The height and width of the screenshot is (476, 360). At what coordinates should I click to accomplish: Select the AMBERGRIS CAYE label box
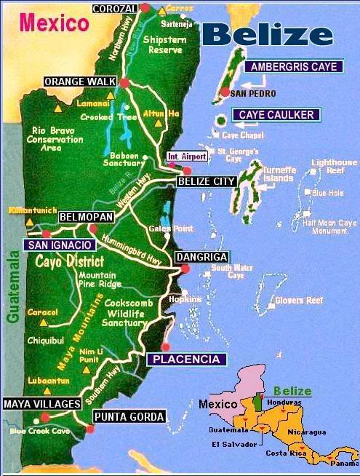pyautogui.click(x=295, y=67)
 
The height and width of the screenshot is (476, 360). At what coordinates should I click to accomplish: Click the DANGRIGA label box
pyautogui.click(x=201, y=257)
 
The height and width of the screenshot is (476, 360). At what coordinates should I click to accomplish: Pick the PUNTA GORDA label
pyautogui.click(x=129, y=416)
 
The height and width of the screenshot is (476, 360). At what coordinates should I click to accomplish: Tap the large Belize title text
pyautogui.click(x=267, y=33)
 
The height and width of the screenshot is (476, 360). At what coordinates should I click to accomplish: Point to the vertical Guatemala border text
pyautogui.click(x=11, y=287)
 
